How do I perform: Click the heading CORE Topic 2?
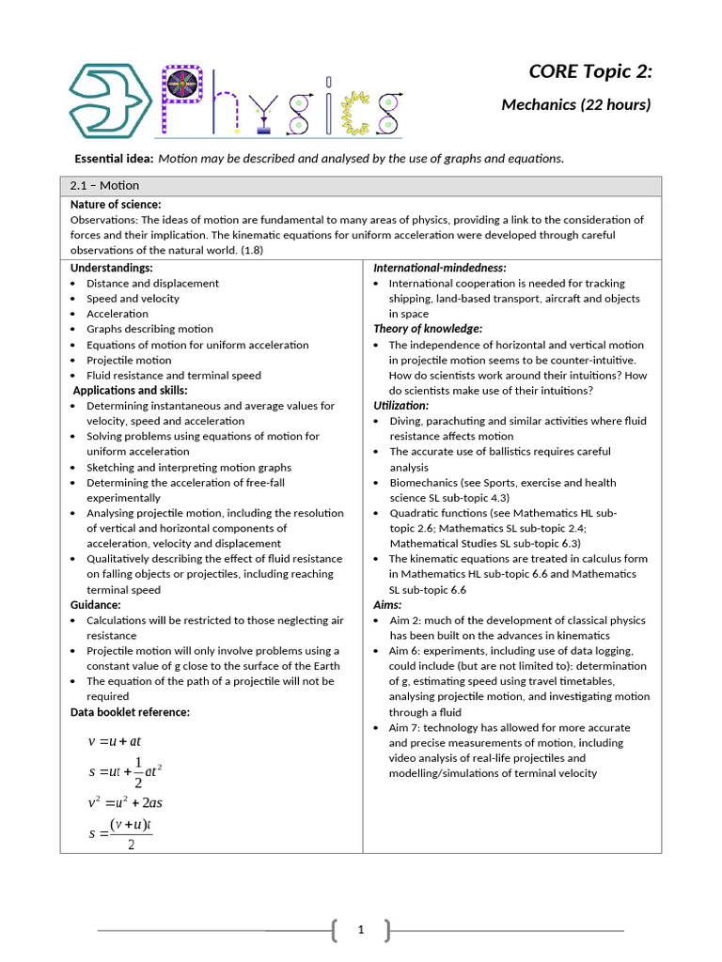589,71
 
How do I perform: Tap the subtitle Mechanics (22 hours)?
575,104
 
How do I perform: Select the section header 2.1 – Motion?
104,185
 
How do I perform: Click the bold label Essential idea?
114,158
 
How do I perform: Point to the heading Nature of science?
116,204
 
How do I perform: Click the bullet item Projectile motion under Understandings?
129,360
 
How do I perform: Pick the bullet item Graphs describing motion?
149,329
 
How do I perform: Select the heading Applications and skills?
130,390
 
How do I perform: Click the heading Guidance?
95,605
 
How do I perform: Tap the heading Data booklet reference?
130,712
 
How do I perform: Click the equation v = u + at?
114,740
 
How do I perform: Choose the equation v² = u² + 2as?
125,802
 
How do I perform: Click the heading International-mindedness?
440,268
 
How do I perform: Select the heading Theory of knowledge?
428,329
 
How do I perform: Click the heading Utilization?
401,405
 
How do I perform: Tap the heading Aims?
387,605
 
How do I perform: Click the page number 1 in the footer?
361,930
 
